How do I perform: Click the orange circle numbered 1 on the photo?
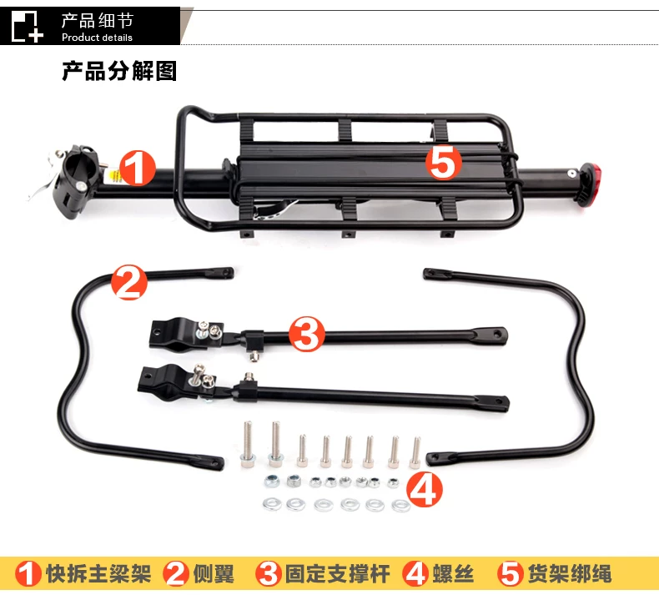coord(138,169)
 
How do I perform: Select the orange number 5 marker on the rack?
coord(444,163)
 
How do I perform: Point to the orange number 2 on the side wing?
coord(129,282)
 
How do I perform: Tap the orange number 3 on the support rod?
coord(307,335)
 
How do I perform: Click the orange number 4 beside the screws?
coord(425,489)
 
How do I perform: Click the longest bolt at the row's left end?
coord(247,444)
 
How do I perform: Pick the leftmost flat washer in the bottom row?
coord(272,503)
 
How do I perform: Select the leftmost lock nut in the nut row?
coord(272,480)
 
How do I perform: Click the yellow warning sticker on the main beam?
coord(114,176)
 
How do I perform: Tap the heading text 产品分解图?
coord(119,71)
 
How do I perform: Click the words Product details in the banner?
coord(97,38)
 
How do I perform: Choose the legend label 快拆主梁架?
coord(98,573)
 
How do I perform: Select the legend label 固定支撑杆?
coord(338,573)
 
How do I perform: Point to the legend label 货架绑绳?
coord(570,573)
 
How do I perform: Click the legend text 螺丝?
coord(453,573)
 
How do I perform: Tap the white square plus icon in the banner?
coord(27,27)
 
